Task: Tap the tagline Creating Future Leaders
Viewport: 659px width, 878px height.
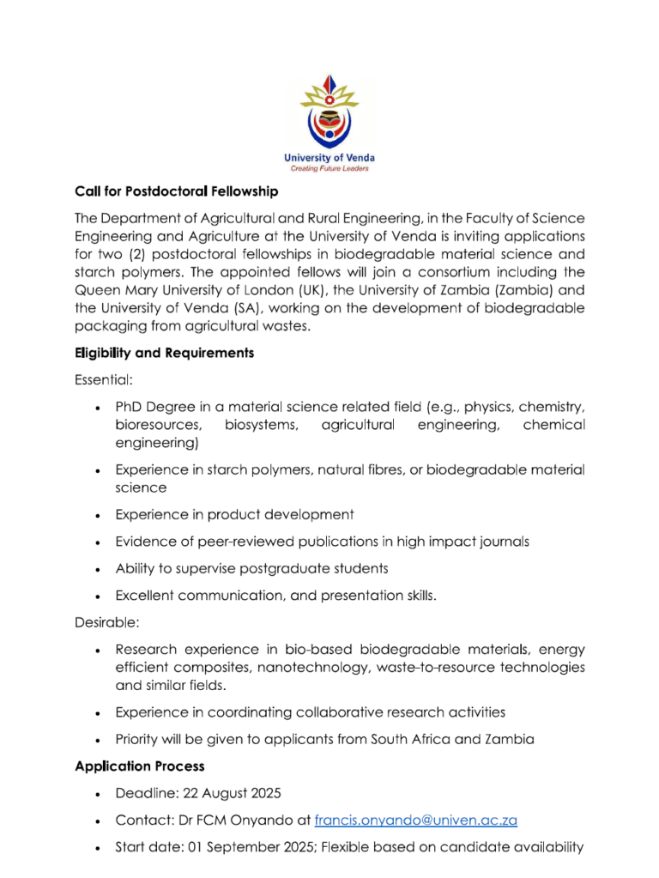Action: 329,169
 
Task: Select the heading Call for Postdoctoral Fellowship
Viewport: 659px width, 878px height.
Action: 177,190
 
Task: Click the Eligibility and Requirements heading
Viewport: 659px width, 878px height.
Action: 164,353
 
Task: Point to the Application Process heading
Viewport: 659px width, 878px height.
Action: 140,766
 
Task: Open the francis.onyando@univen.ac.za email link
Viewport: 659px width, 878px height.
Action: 416,820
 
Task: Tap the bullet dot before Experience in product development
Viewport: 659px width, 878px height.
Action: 100,516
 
